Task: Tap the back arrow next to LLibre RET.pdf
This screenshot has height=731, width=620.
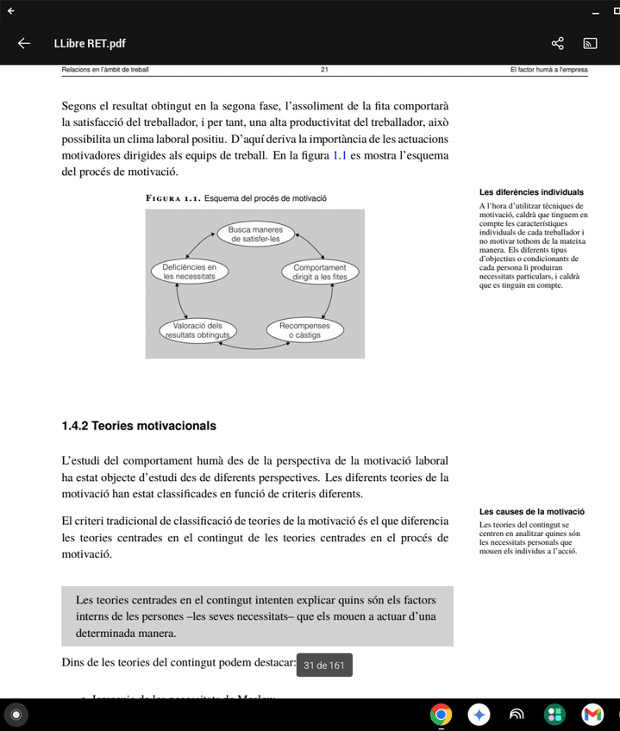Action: pos(24,43)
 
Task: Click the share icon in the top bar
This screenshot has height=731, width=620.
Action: pos(557,43)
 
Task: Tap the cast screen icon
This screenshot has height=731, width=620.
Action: pos(591,43)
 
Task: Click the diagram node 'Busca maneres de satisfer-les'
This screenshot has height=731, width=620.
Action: pos(255,234)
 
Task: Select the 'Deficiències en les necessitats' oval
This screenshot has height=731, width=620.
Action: pos(189,272)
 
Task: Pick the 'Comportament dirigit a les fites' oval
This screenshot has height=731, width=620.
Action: pos(320,272)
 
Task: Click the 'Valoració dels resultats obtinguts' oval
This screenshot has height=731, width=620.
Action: pos(197,330)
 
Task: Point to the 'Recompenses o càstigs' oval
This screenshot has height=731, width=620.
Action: pos(304,330)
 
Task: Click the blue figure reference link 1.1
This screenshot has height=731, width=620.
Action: pos(339,156)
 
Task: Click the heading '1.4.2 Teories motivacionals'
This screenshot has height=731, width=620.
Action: pos(139,426)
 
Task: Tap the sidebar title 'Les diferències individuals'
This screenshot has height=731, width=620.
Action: pos(531,192)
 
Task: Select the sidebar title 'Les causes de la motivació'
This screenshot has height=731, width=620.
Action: pos(532,512)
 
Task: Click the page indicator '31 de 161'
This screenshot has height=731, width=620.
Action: pos(324,665)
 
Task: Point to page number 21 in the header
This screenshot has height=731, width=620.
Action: pos(324,69)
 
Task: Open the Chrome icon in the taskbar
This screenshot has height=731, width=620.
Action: pos(442,714)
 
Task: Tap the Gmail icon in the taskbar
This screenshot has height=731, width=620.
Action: pos(592,714)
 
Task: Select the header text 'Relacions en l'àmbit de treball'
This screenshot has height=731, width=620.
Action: pos(99,69)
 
